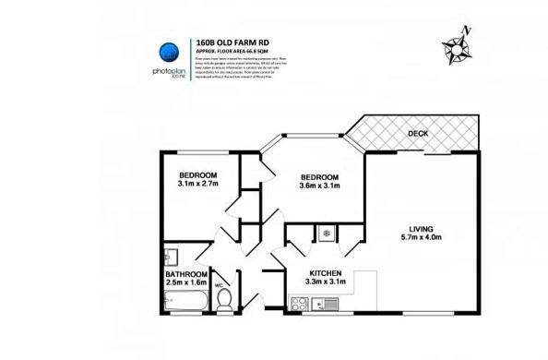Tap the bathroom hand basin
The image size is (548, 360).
(169, 256)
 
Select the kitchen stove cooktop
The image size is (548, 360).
(300, 301)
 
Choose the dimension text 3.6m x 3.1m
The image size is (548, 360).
(320, 186)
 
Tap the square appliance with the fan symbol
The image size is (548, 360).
(326, 234)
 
